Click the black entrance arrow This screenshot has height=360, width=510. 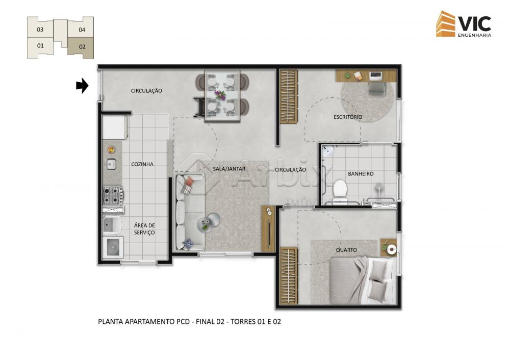tap(82, 86)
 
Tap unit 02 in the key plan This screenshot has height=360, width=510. tap(81, 47)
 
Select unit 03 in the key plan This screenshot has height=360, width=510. tap(40, 28)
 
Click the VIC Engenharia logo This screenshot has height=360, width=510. tap(464, 24)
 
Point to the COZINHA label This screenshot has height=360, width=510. tap(142, 164)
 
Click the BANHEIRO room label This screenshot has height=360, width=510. tap(361, 174)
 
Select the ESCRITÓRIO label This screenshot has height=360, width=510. tap(348, 117)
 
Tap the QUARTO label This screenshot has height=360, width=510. tap(346, 250)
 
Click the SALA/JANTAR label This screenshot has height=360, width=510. tap(229, 168)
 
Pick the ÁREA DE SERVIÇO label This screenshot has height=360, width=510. tap(144, 228)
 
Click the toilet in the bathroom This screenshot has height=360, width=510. tap(340, 190)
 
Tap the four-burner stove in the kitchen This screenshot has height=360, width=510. tap(113, 195)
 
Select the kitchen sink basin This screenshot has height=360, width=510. tap(111, 164)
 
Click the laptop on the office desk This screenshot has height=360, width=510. tap(376, 76)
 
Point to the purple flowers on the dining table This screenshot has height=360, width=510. tap(220, 95)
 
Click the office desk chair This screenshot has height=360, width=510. tap(377, 88)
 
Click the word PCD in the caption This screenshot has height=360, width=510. tap(183, 322)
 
